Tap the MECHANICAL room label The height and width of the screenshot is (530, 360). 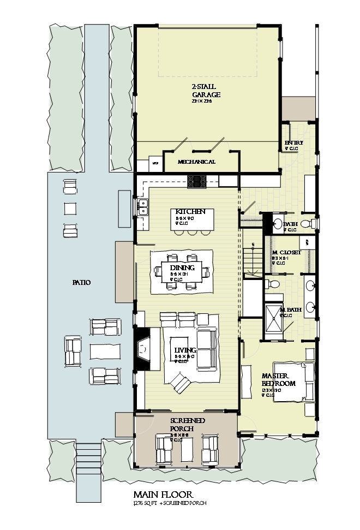pos(196,162)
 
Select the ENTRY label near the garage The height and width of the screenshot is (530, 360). pos(293,143)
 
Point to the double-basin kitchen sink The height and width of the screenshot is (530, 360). pos(143,207)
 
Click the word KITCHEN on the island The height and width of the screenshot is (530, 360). pos(190,212)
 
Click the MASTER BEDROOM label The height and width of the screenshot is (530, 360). pos(278,380)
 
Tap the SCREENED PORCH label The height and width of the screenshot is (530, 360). pos(188,425)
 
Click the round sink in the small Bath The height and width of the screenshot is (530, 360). pos(277,223)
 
